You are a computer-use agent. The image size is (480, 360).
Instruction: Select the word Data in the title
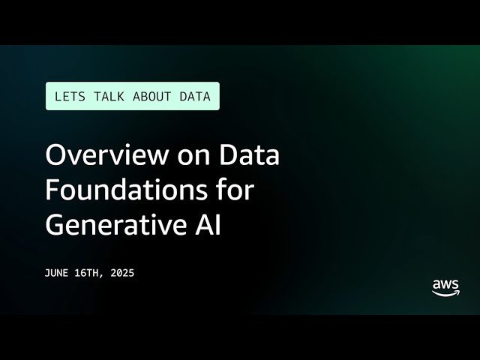point(249,156)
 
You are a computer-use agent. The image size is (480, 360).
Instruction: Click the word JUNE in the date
point(58,274)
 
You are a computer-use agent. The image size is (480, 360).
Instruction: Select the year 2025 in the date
point(121,274)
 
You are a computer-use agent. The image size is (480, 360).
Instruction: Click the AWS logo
point(445,288)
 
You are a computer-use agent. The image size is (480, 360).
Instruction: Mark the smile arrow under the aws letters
point(446,294)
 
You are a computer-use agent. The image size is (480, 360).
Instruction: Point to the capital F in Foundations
point(52,190)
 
